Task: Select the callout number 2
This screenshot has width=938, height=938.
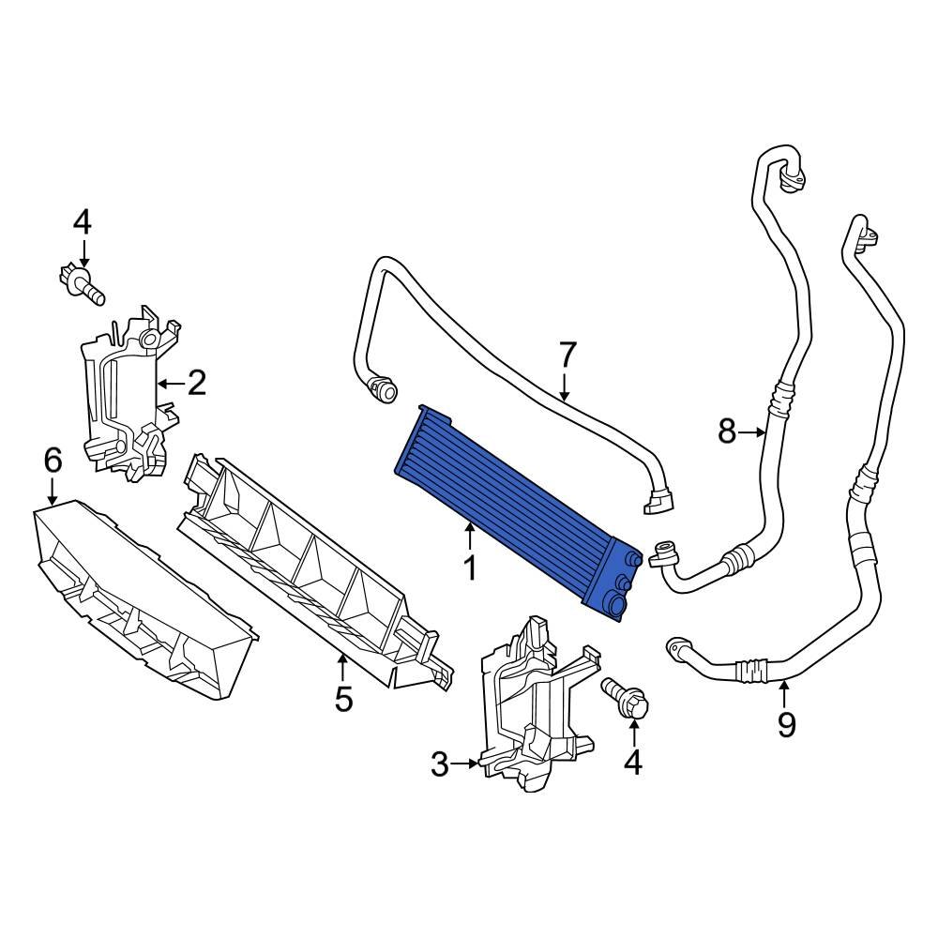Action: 196,383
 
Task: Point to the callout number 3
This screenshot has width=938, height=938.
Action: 440,765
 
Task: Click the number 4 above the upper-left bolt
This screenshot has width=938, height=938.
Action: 83,222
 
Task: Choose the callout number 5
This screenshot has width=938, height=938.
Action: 343,698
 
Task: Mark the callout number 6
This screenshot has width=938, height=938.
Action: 53,460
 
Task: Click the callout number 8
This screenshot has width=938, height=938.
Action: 727,431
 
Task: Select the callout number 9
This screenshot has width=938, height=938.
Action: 786,724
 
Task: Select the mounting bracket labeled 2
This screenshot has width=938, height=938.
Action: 127,394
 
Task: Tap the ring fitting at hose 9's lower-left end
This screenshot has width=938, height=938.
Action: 676,647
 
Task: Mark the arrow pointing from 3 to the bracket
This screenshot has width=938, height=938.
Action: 465,765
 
